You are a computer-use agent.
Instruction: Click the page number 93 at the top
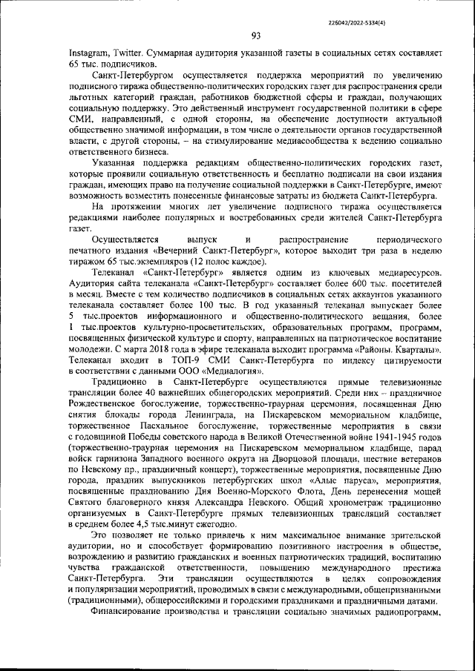pos(255,36)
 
